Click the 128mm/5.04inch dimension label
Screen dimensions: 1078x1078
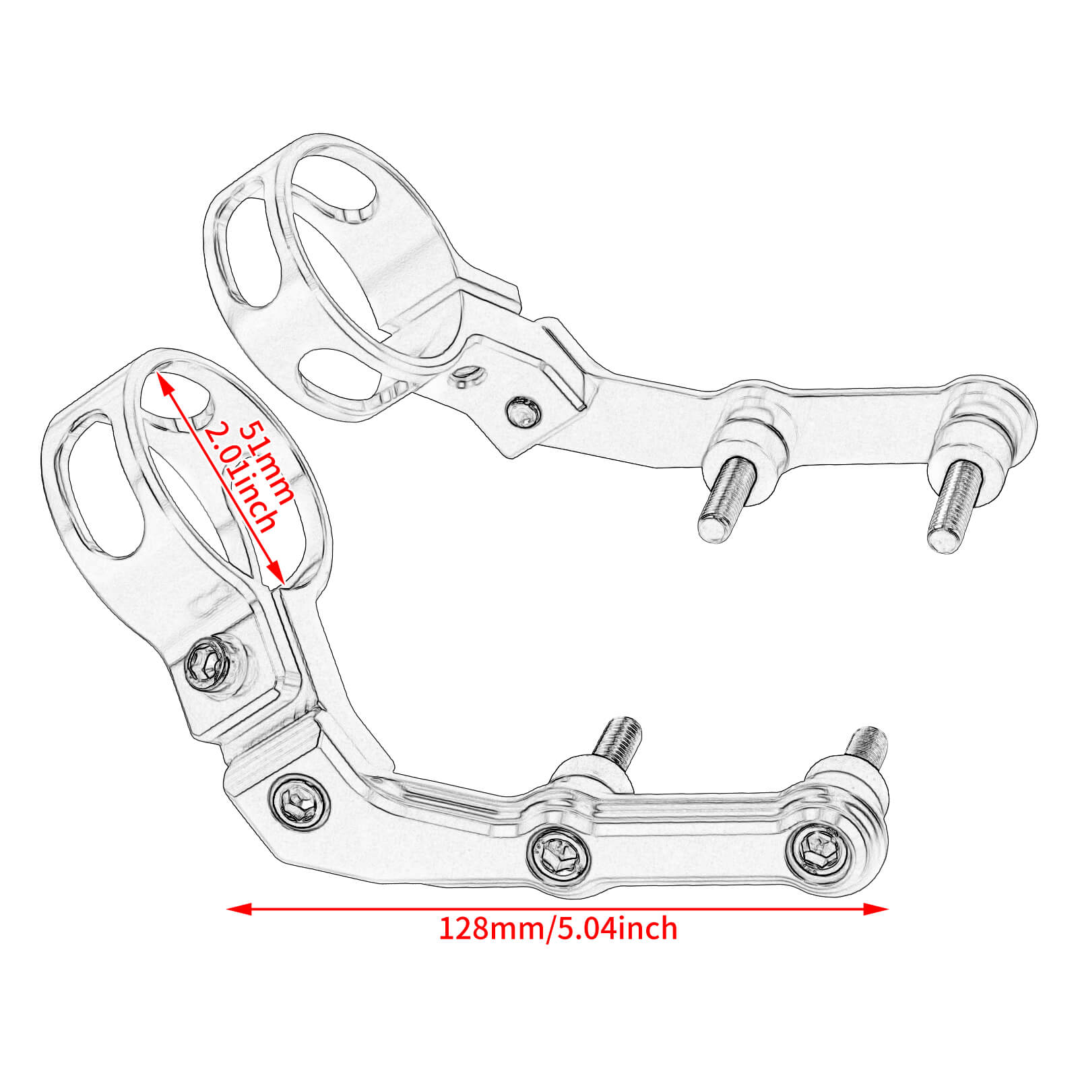[x=558, y=928]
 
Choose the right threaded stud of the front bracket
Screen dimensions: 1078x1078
[x=866, y=745]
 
